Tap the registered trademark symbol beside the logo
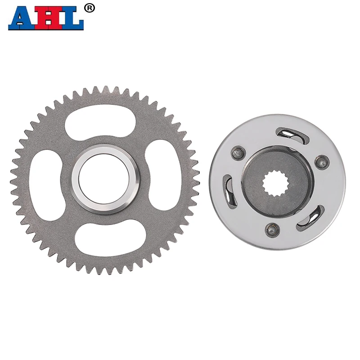pos(90,8)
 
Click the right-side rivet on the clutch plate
pos(321,161)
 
